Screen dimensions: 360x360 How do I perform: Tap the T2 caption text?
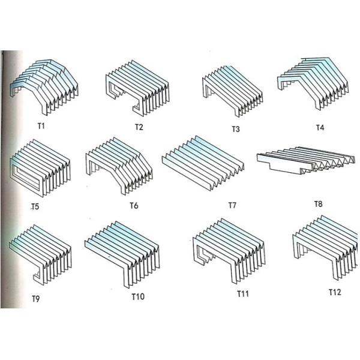[139, 127]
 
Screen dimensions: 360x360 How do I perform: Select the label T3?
[236, 128]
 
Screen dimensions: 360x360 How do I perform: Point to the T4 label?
[321, 127]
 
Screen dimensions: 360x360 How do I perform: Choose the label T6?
[134, 206]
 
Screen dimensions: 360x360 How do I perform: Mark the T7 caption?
[232, 205]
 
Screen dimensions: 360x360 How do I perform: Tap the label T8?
[318, 204]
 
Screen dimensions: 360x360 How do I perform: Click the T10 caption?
[138, 296]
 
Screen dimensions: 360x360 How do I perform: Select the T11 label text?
[242, 294]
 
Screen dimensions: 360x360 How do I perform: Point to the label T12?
[335, 292]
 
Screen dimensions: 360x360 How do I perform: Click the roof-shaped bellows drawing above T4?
[316, 84]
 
